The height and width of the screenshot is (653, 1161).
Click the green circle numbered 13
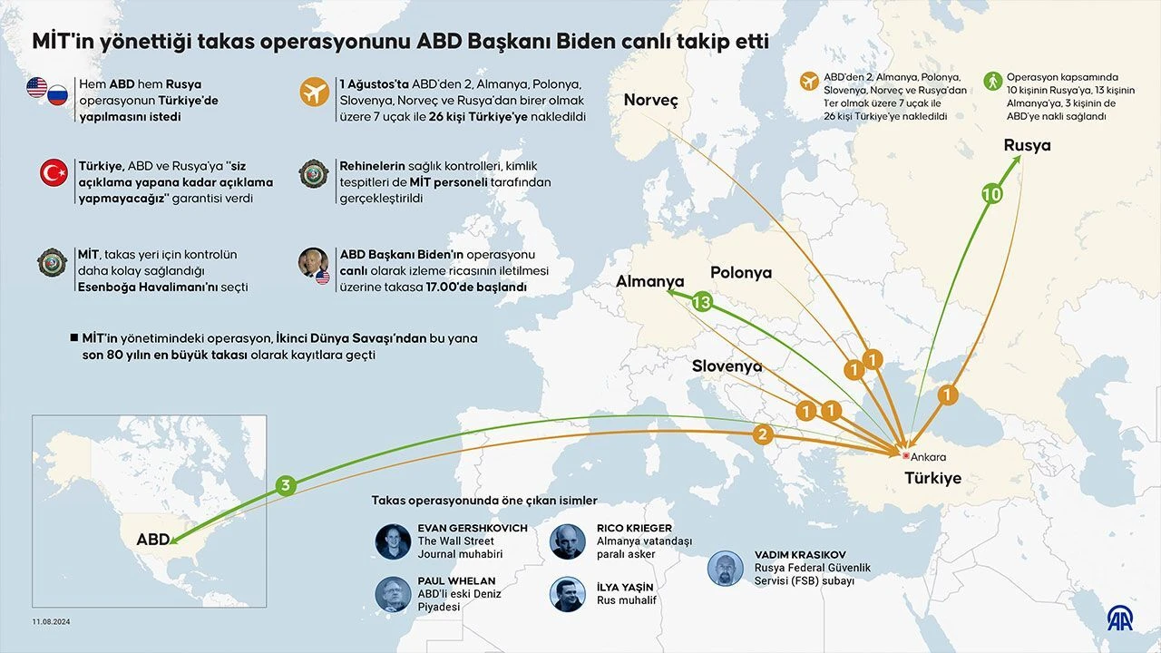tap(701, 302)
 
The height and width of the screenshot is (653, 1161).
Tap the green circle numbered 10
tap(992, 194)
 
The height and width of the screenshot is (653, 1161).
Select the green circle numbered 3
tap(285, 485)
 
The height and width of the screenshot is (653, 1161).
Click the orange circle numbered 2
tap(763, 435)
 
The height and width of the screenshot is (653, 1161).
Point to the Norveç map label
tap(650, 100)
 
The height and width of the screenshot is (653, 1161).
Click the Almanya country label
tap(649, 281)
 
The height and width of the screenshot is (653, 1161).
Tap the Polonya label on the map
tap(741, 272)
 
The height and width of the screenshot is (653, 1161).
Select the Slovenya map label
tap(727, 365)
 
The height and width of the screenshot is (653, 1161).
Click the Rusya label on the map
tap(1027, 145)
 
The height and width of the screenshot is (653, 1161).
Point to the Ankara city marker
tap(904, 455)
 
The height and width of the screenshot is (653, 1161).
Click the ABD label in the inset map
tap(152, 540)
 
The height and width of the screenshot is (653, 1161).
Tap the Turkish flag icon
tap(54, 172)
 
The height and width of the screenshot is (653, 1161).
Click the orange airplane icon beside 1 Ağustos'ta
tap(315, 92)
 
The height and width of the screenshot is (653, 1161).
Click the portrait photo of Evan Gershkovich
tap(393, 541)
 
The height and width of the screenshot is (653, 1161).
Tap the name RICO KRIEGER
tap(634, 528)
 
